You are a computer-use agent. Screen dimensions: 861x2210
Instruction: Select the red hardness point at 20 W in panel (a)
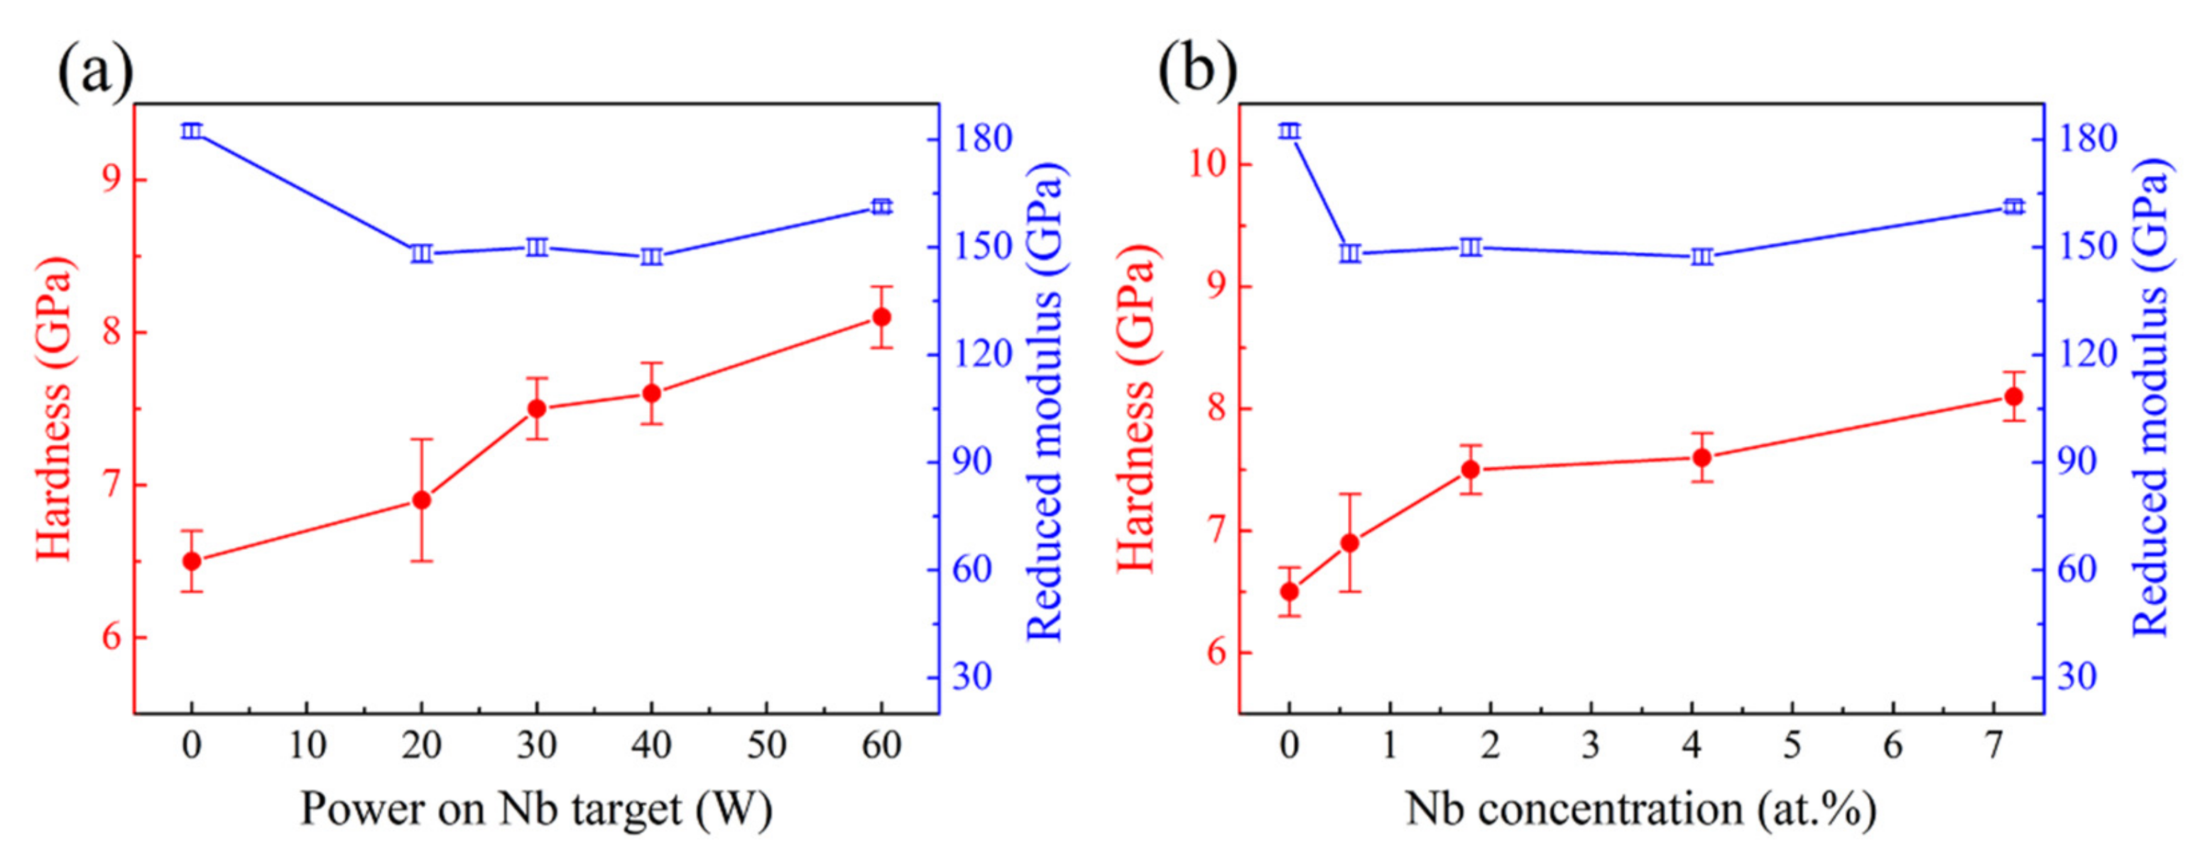pyautogui.click(x=421, y=499)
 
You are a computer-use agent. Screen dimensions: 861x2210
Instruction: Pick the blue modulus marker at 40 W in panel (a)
pyautogui.click(x=651, y=256)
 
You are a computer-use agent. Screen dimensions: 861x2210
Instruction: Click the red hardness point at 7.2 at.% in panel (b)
pyautogui.click(x=2013, y=396)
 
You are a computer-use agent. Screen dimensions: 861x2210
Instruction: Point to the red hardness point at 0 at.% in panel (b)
pyautogui.click(x=1289, y=592)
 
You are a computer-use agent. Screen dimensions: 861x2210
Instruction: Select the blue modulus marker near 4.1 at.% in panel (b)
pyautogui.click(x=1702, y=256)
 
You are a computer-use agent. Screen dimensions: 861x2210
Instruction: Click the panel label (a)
pyautogui.click(x=94, y=70)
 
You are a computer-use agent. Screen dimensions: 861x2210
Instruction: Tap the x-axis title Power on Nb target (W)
pyautogui.click(x=536, y=808)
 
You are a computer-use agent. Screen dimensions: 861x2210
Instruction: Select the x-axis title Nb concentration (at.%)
pyautogui.click(x=1640, y=808)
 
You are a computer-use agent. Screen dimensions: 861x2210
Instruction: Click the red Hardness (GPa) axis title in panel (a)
pyautogui.click(x=53, y=408)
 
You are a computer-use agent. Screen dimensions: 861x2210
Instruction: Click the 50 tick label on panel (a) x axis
pyautogui.click(x=766, y=745)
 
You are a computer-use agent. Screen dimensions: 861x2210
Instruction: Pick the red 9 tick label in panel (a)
pyautogui.click(x=112, y=180)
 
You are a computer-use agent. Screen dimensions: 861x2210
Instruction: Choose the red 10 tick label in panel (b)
pyautogui.click(x=1208, y=164)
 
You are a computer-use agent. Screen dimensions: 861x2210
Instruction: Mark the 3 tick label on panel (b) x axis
pyautogui.click(x=1591, y=745)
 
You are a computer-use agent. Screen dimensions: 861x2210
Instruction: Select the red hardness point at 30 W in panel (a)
pyautogui.click(x=537, y=408)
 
